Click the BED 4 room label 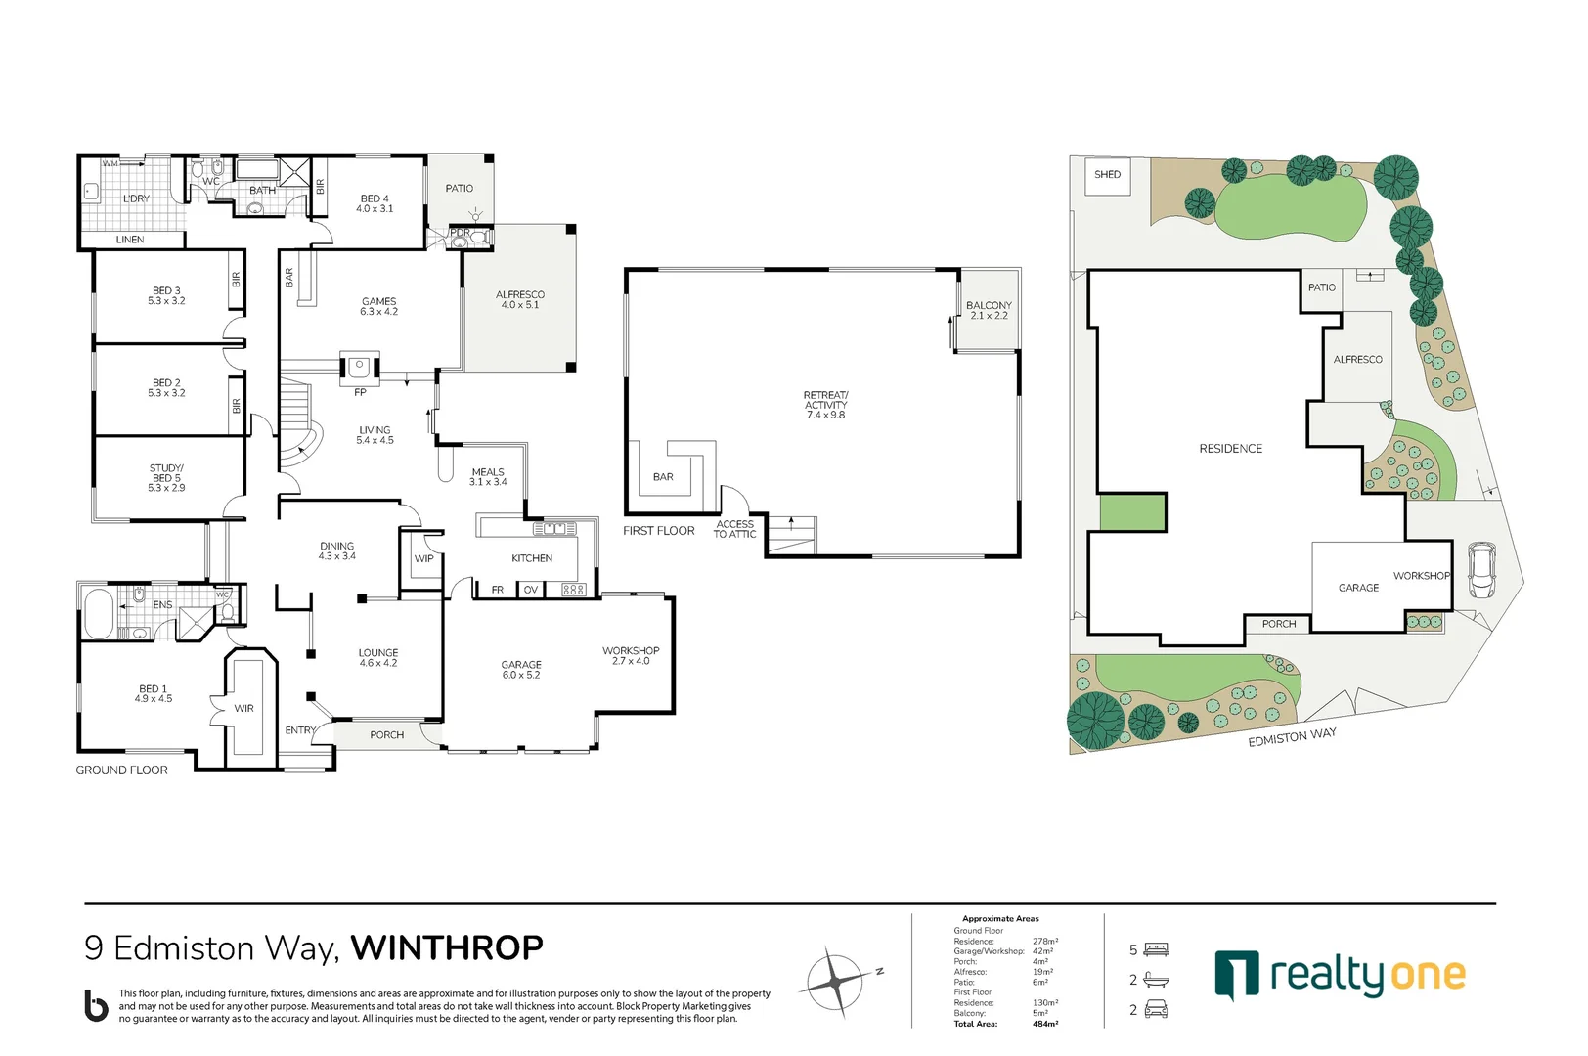point(375,203)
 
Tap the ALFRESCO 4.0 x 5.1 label point(519,299)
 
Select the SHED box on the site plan point(1107,176)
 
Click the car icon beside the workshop point(1481,570)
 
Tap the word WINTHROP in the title point(447,947)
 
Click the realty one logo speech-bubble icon point(1237,974)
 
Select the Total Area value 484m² point(1045,1024)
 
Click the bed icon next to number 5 point(1157,949)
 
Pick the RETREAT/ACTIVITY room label point(825,405)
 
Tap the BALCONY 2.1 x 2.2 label point(989,310)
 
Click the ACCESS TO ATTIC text point(734,529)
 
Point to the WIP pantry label point(423,559)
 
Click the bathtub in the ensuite point(98,613)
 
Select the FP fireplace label point(360,392)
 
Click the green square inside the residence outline point(1132,512)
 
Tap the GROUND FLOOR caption point(122,770)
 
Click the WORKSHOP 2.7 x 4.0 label point(631,655)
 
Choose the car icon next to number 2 point(1157,1010)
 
